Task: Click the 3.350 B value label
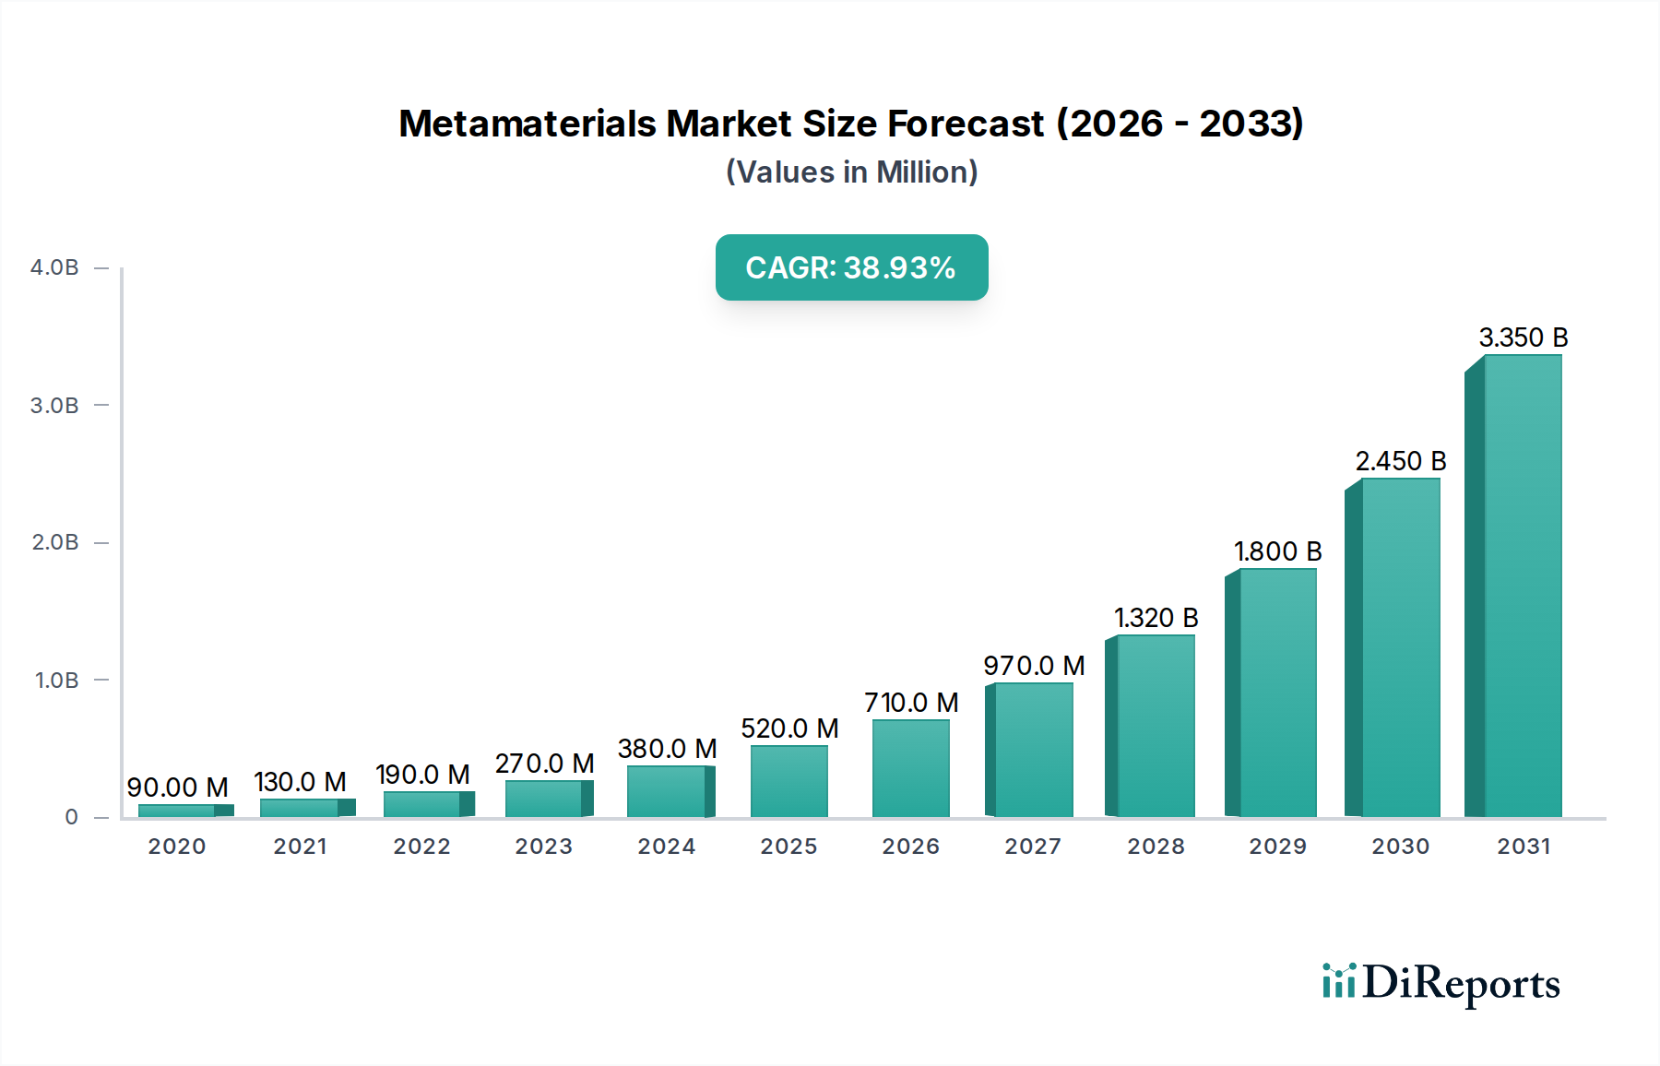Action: [x=1523, y=338]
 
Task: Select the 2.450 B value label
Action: [x=1400, y=461]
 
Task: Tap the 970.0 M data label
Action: [x=1034, y=666]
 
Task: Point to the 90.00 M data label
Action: [x=177, y=788]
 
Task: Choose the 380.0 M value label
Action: [x=667, y=749]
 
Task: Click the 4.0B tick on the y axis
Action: [x=54, y=267]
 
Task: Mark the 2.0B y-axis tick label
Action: [x=54, y=542]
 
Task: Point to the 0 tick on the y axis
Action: [x=71, y=817]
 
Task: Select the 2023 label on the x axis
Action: [x=543, y=847]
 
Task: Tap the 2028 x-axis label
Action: [x=1156, y=847]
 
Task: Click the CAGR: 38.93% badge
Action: [x=851, y=267]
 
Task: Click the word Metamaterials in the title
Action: [x=528, y=124]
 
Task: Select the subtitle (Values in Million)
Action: [x=851, y=172]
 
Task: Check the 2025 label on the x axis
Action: [x=788, y=847]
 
